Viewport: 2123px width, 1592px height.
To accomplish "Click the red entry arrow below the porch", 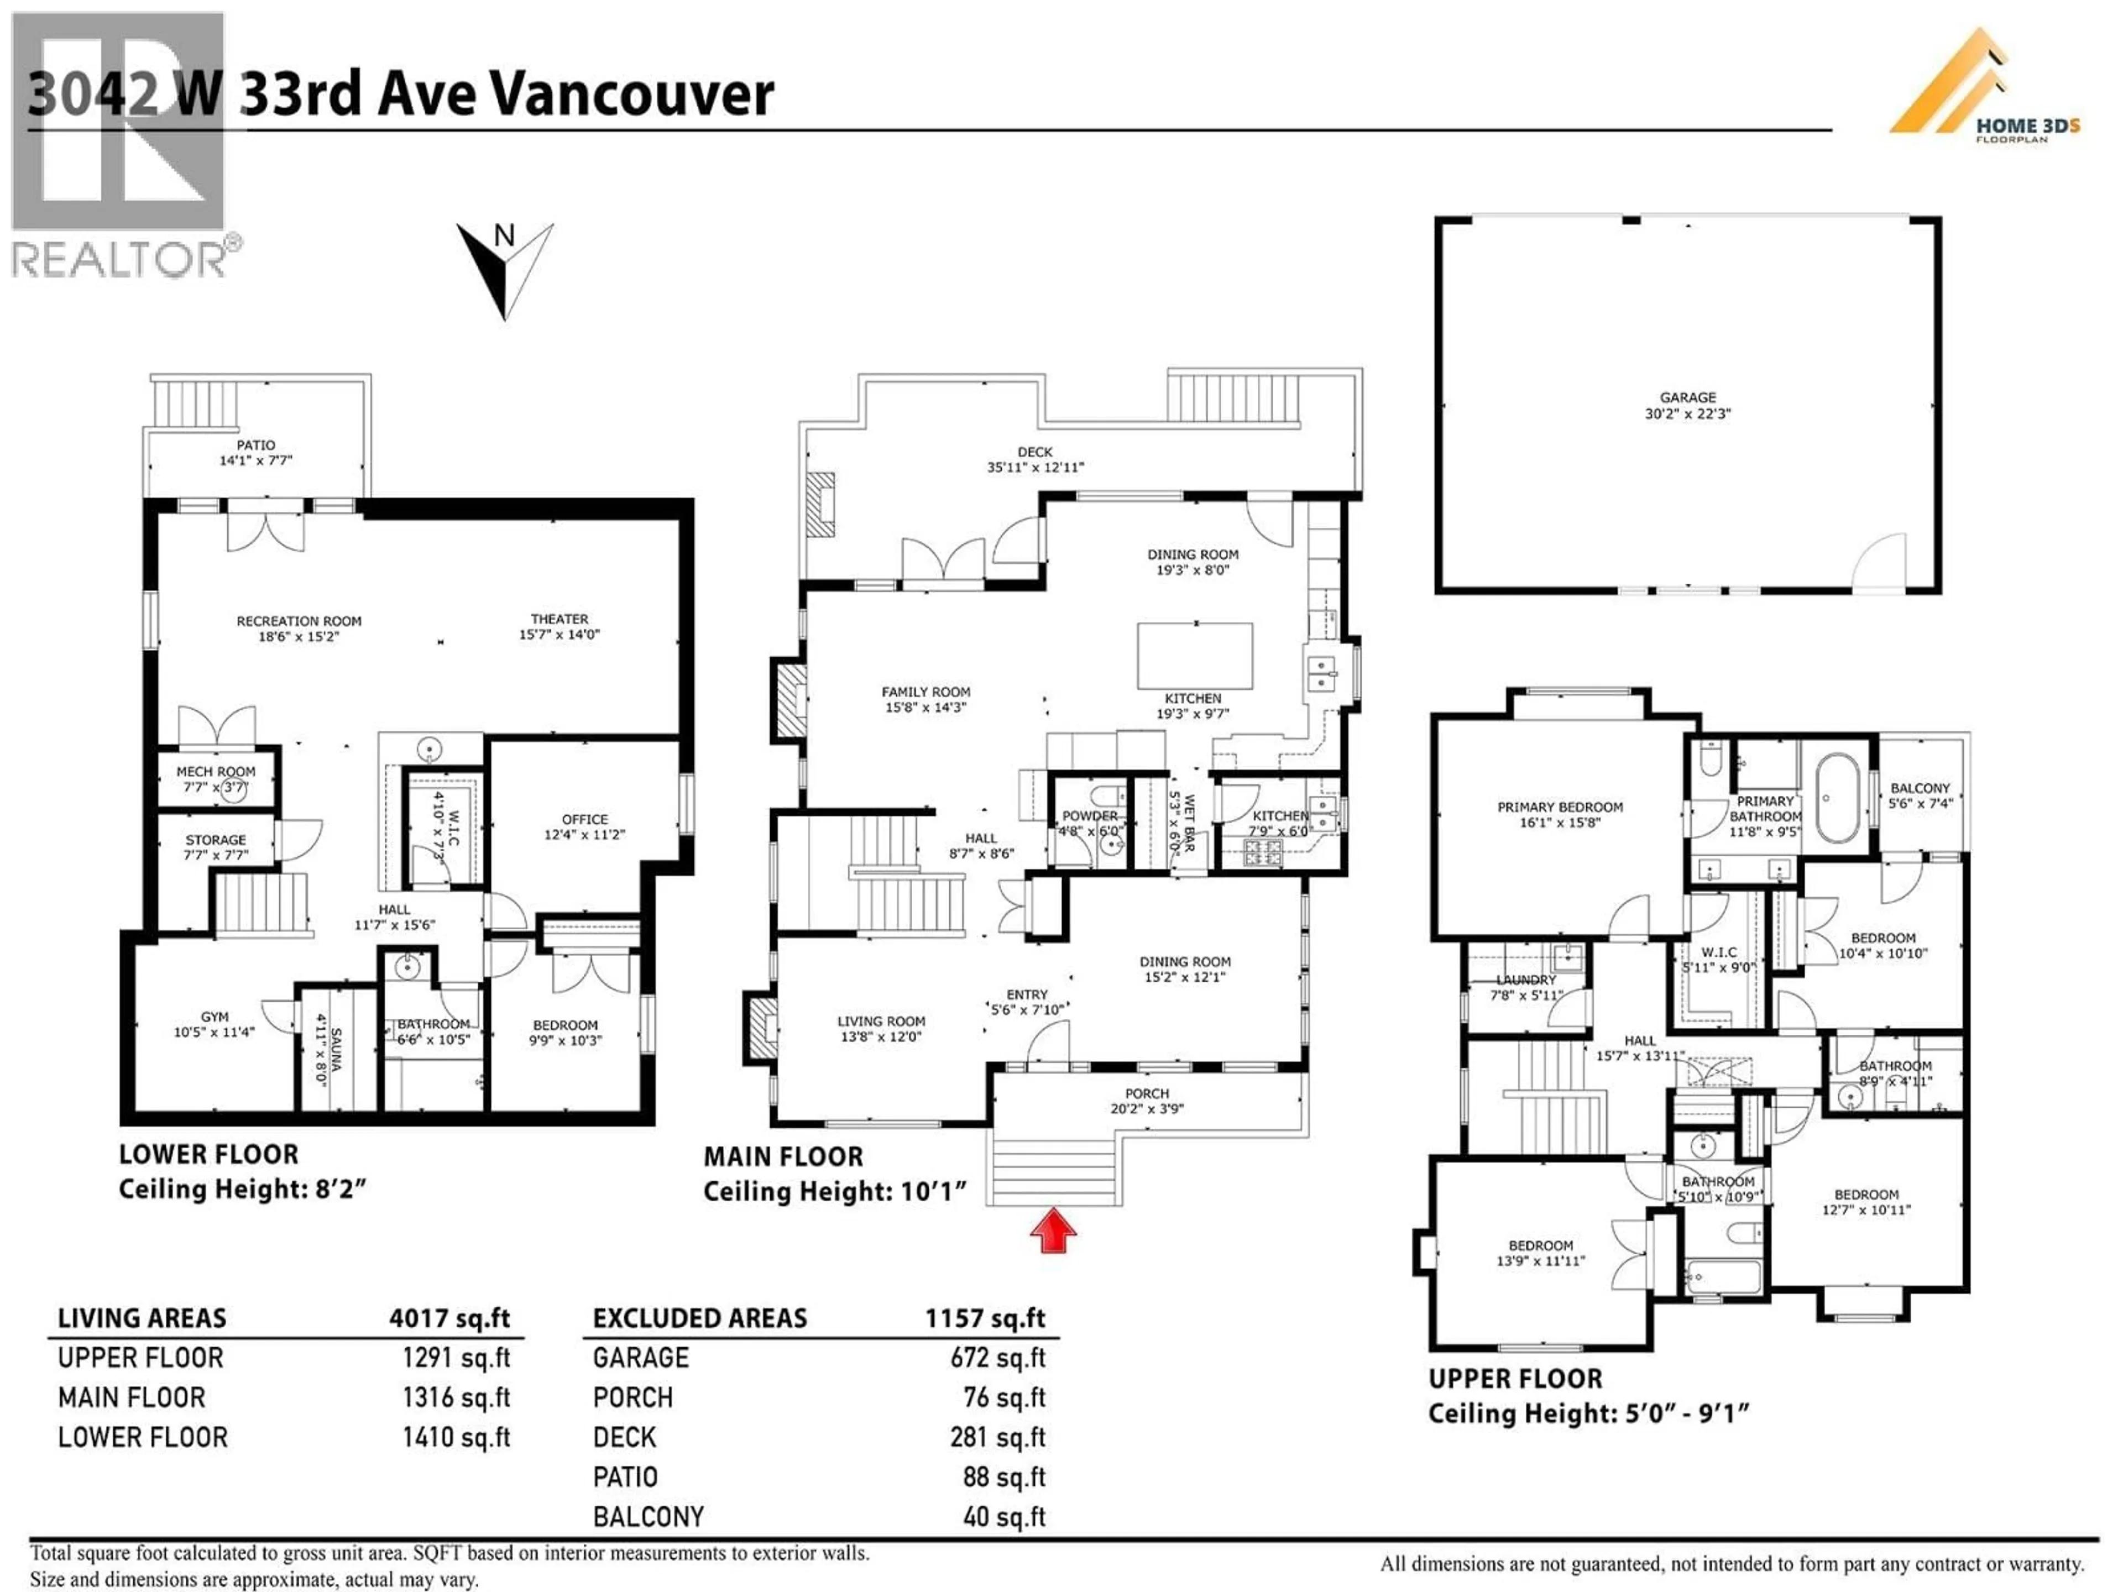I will (x=1053, y=1231).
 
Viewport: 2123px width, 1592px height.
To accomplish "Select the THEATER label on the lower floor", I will (x=559, y=619).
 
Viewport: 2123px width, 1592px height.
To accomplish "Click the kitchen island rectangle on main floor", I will (x=1195, y=656).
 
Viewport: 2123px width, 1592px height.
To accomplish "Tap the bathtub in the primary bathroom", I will (x=1836, y=798).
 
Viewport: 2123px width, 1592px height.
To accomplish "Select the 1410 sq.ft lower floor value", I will (x=456, y=1438).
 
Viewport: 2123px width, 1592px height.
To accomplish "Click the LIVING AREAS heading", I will (x=142, y=1318).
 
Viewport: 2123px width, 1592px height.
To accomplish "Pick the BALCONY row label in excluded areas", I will (x=649, y=1517).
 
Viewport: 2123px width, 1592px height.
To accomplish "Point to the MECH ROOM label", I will (x=216, y=772).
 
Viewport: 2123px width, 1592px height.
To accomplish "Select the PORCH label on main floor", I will (x=1147, y=1093).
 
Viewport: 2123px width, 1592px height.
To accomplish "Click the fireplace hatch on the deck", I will (x=820, y=505).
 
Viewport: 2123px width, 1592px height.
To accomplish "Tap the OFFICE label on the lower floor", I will (x=584, y=819).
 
